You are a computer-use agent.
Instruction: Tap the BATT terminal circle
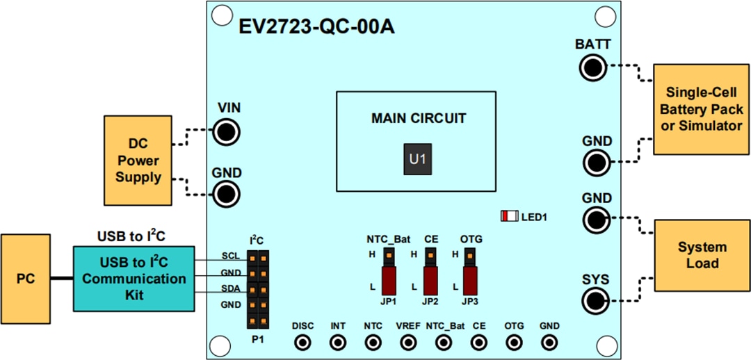tap(593, 67)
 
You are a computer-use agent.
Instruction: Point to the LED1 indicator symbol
tap(509, 216)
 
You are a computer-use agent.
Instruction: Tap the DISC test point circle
tap(303, 342)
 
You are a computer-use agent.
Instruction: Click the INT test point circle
tap(338, 342)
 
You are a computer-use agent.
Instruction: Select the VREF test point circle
tap(408, 342)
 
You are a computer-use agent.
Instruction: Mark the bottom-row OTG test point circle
tap(514, 342)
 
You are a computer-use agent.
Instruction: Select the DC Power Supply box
tap(138, 161)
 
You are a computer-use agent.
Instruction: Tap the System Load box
tap(702, 255)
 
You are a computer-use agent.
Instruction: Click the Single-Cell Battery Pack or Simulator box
tap(702, 109)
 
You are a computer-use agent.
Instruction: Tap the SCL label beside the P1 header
tap(231, 256)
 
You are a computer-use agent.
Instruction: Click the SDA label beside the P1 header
tap(231, 288)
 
